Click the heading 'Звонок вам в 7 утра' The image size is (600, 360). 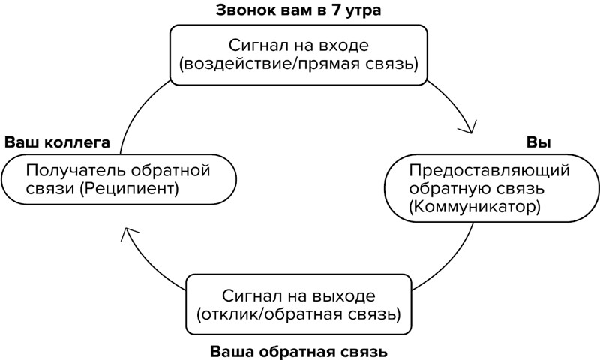298,10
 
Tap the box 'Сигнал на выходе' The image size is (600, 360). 298,302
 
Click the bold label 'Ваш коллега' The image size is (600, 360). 58,142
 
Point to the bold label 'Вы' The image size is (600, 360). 534,142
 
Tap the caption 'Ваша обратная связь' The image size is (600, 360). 298,350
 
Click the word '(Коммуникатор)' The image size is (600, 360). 475,206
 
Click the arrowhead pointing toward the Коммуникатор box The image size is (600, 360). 469,127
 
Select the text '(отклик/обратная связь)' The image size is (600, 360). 298,312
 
